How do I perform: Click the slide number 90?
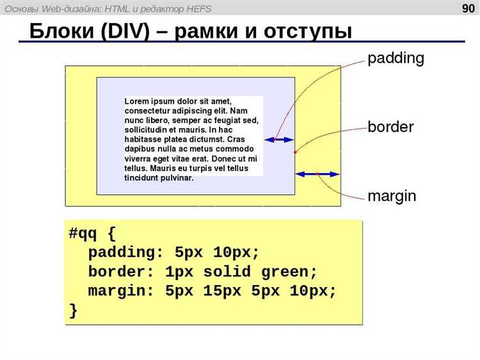(468, 8)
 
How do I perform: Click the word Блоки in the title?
(61, 31)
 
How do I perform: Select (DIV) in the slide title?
(125, 31)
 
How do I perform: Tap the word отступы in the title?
(307, 31)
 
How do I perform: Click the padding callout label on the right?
(396, 58)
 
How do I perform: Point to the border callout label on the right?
(390, 127)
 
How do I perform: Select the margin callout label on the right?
(392, 196)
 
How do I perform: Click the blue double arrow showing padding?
(279, 140)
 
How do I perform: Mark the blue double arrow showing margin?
(317, 174)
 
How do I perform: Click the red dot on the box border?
(295, 152)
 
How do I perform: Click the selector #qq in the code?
(83, 233)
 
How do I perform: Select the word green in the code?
(285, 272)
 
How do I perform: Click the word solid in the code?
(227, 272)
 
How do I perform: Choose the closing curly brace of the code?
(73, 311)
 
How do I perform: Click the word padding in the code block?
(122, 253)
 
